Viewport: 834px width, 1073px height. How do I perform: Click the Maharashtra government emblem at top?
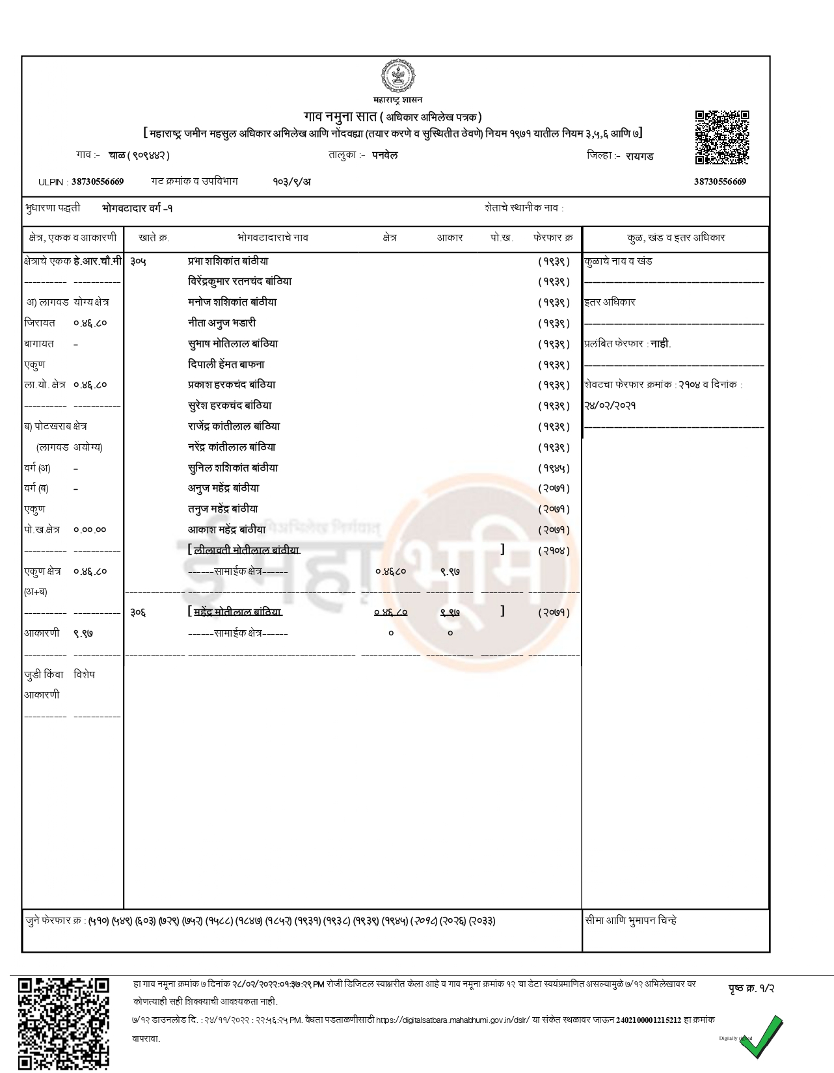click(x=397, y=78)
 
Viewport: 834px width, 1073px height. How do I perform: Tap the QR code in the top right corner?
click(x=721, y=137)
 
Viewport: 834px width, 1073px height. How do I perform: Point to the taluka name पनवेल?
click(x=385, y=155)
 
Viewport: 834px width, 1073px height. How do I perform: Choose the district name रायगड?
click(x=639, y=156)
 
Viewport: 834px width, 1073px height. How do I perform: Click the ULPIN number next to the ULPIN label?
click(x=98, y=181)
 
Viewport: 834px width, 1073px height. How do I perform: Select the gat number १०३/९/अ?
click(x=291, y=181)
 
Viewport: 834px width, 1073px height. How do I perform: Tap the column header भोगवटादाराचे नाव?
click(x=273, y=238)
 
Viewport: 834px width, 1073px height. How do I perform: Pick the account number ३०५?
click(x=138, y=261)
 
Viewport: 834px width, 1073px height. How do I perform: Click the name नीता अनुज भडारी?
click(x=222, y=323)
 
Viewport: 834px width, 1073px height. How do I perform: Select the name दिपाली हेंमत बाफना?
click(x=226, y=365)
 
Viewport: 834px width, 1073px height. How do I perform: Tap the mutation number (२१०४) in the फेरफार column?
click(x=554, y=551)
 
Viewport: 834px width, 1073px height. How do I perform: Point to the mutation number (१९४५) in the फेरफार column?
click(x=554, y=468)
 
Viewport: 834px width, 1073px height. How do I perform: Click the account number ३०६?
click(x=138, y=613)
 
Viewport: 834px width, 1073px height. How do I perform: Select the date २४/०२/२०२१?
click(x=610, y=406)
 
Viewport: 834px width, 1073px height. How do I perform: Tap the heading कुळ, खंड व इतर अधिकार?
click(x=675, y=238)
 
